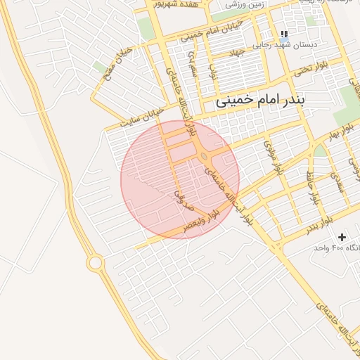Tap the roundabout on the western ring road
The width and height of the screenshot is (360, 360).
pos(96,262)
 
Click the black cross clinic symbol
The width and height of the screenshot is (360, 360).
pos(342,238)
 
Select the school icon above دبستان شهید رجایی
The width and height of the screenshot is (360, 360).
pos(284,34)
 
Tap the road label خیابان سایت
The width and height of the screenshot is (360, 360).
pos(143,116)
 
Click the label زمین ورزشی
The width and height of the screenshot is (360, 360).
pos(246,5)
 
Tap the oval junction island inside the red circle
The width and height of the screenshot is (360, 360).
pos(204,157)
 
